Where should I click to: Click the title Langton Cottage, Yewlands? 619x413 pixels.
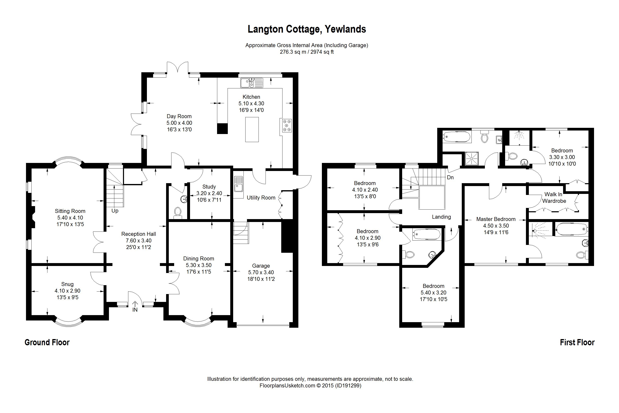click(307, 29)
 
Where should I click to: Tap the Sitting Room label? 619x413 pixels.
click(70, 211)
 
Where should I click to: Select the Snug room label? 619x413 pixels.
click(67, 284)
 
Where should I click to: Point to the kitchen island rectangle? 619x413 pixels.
click(252, 130)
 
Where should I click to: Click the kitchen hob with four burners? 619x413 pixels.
click(287, 126)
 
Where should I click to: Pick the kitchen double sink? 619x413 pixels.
click(252, 83)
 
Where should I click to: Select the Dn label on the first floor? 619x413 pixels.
click(450, 178)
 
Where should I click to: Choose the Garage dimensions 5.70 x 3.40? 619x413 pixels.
click(261, 272)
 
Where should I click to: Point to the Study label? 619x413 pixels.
click(209, 186)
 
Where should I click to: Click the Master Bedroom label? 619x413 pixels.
click(496, 219)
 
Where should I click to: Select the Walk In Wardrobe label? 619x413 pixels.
click(554, 198)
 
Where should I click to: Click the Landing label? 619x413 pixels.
click(441, 217)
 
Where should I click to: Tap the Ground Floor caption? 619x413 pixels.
click(47, 342)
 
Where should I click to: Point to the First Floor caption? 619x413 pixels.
click(577, 342)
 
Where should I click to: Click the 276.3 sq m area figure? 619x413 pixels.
click(293, 52)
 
